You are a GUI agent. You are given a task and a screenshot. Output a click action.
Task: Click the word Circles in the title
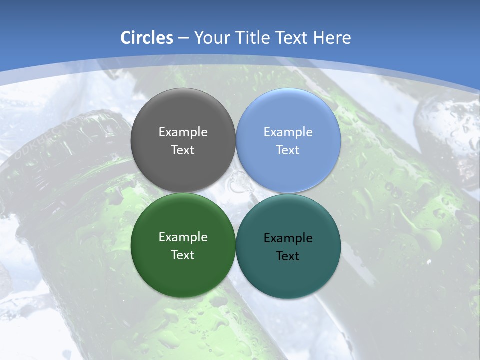click(147, 38)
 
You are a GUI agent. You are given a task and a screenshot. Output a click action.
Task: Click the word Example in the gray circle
click(183, 132)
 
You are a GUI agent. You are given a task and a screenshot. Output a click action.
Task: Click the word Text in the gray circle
click(183, 150)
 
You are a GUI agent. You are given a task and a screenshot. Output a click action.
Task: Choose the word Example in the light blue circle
click(288, 132)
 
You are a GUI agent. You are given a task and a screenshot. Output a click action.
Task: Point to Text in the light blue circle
click(288, 150)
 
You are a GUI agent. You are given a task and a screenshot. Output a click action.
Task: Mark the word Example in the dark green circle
click(183, 237)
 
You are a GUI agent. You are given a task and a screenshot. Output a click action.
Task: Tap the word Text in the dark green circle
click(183, 255)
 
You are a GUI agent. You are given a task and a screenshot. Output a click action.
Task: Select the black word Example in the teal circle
click(288, 238)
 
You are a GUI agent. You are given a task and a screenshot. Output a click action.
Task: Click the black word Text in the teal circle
click(288, 256)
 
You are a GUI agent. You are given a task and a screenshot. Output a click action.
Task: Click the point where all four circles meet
click(236, 193)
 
